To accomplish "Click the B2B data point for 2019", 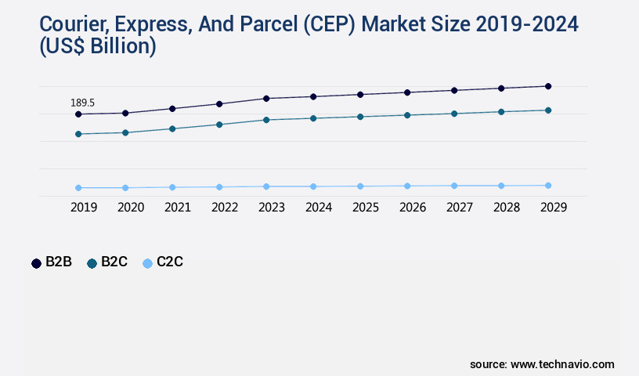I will click(x=78, y=114).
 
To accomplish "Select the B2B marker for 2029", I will click(x=548, y=86).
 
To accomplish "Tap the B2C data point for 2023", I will click(x=266, y=120).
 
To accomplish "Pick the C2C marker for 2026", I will click(x=407, y=186).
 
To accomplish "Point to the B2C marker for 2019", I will click(x=78, y=134).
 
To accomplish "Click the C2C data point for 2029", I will click(x=548, y=186).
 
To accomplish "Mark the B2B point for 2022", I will click(x=219, y=104).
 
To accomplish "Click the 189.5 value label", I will click(x=82, y=103).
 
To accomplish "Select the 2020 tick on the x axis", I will click(x=131, y=208).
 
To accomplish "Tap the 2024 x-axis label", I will click(x=319, y=208).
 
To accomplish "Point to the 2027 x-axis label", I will click(x=460, y=208).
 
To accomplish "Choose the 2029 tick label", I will click(x=554, y=208).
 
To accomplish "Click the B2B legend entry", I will click(x=52, y=262).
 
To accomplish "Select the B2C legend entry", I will click(x=107, y=262).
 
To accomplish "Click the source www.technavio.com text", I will click(x=542, y=364).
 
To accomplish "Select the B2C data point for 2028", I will click(x=501, y=112).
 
